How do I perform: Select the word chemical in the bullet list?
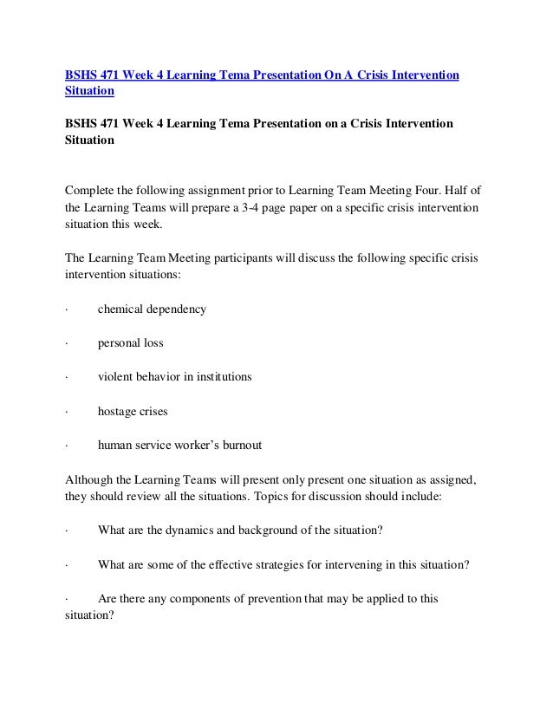click(x=124, y=309)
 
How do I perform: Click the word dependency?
click(x=179, y=309)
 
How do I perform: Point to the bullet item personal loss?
click(x=130, y=342)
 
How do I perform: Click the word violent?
click(x=116, y=376)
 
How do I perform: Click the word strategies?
click(x=264, y=564)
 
